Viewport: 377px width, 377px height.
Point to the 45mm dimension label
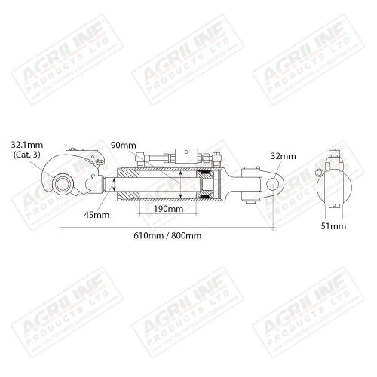pyautogui.click(x=97, y=214)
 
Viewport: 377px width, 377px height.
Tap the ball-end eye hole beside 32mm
pyautogui.click(x=271, y=181)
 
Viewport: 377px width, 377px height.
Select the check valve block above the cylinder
pyautogui.click(x=185, y=156)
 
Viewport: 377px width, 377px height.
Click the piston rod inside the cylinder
pyautogui.click(x=151, y=182)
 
